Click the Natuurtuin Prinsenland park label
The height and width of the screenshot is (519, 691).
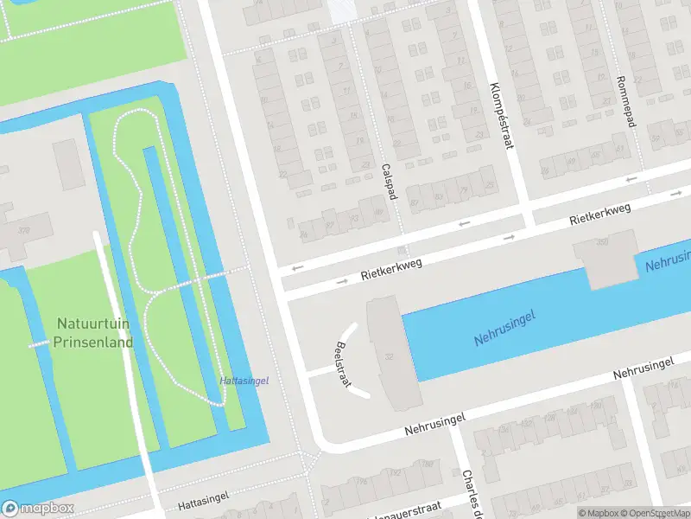click(94, 333)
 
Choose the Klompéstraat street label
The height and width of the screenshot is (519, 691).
click(501, 116)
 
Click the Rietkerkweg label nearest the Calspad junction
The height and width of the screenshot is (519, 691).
click(391, 270)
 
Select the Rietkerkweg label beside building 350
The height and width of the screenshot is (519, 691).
click(599, 215)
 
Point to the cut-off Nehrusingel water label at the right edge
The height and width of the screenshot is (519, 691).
click(667, 261)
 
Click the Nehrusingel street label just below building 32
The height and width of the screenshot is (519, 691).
click(435, 425)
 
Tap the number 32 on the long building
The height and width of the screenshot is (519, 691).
click(390, 357)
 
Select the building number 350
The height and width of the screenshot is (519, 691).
click(602, 242)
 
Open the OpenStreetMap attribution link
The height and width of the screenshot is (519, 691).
click(656, 513)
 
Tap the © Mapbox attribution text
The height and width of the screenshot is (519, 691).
click(598, 513)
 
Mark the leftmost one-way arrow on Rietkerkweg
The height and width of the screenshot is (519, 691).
click(298, 267)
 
